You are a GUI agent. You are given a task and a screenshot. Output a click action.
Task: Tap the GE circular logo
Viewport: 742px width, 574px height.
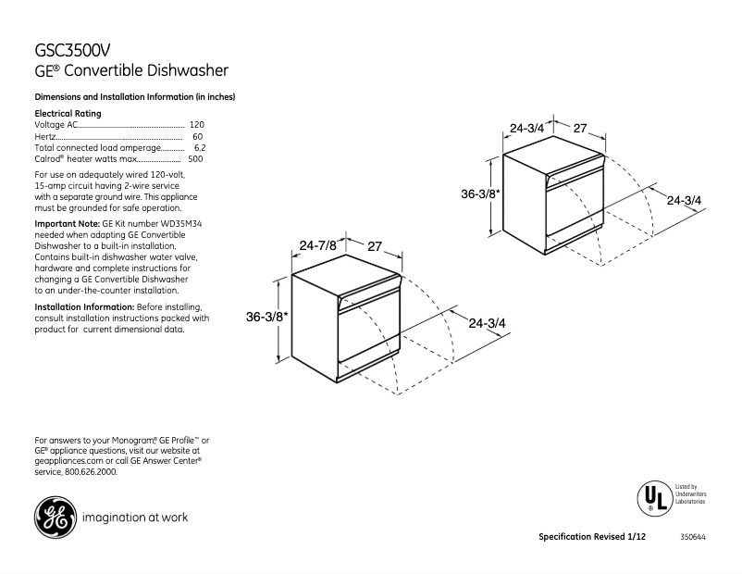point(55,518)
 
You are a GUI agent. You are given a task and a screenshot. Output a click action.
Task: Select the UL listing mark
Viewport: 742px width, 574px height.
point(653,498)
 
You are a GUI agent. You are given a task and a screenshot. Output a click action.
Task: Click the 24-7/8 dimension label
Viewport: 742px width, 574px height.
point(318,246)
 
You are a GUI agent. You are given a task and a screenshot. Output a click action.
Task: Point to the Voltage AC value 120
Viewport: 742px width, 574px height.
point(196,124)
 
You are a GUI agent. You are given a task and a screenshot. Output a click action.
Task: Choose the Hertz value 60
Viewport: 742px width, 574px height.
point(198,136)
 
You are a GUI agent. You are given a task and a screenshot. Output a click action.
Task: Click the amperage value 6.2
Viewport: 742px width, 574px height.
point(199,147)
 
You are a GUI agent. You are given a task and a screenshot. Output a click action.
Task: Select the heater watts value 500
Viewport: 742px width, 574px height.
point(195,159)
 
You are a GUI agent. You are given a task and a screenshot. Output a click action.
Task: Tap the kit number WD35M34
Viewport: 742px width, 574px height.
point(179,225)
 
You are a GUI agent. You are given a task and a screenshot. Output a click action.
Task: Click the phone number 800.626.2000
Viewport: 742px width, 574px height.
point(91,471)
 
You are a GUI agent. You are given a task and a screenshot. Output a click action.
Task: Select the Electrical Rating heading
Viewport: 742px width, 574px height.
point(68,113)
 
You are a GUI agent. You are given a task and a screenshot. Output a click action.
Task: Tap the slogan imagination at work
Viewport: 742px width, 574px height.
point(135,518)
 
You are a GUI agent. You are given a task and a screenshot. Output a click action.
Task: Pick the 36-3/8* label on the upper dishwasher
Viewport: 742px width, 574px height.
point(480,194)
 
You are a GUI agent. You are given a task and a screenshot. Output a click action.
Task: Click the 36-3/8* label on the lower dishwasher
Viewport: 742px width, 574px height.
point(266,317)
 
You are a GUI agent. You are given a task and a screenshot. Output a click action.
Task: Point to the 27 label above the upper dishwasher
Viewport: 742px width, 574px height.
point(580,129)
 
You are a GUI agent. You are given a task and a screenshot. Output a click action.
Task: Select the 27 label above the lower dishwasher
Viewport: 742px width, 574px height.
point(375,246)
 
